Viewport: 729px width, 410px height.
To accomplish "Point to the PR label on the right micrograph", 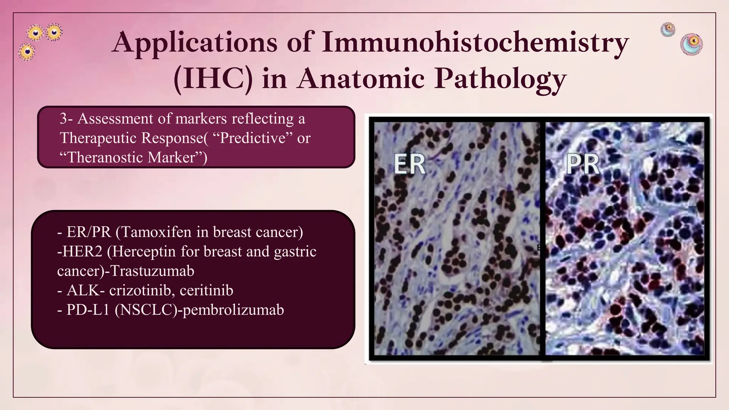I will (x=582, y=164).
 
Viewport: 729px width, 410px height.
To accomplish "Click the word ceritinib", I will (x=206, y=290).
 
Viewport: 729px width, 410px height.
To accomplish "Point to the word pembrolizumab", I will (x=233, y=310).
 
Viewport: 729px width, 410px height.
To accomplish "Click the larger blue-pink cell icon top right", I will (x=691, y=44).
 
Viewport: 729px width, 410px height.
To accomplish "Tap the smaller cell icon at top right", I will (x=668, y=29).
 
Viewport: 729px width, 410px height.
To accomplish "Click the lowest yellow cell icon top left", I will (x=27, y=52).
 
